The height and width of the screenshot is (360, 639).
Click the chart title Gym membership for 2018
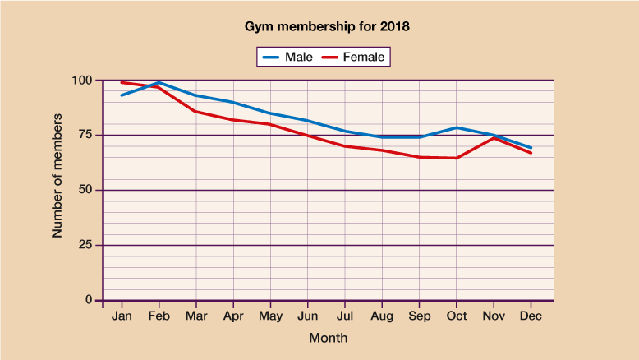(327, 26)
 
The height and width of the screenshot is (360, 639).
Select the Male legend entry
(287, 57)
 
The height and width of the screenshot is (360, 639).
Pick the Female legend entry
(354, 57)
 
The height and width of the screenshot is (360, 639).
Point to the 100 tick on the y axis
(83, 81)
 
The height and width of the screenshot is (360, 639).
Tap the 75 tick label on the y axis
(86, 136)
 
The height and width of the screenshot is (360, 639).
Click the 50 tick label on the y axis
(86, 190)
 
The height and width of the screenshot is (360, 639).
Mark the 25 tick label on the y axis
(86, 245)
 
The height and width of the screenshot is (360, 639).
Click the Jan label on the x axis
(122, 316)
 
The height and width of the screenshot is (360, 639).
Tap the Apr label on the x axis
(233, 316)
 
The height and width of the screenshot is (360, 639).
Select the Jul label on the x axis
(345, 316)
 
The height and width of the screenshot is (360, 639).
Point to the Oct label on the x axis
(457, 316)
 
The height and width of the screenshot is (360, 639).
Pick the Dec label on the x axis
(531, 316)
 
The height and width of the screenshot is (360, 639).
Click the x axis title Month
(328, 338)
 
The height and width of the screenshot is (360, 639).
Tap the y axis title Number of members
(57, 178)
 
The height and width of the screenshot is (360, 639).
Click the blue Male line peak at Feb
(159, 82)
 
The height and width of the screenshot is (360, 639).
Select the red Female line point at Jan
(122, 82)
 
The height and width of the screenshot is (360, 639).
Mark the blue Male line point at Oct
(457, 127)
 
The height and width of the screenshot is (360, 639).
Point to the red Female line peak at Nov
(494, 137)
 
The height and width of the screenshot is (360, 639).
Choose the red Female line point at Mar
(195, 111)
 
